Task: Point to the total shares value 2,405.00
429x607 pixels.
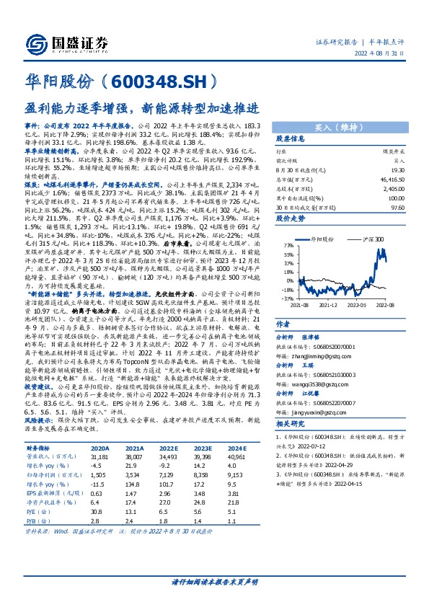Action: (x=403, y=187)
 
